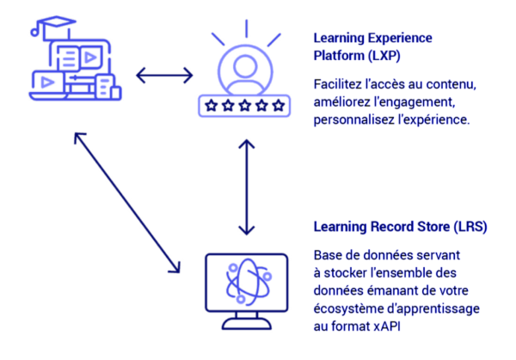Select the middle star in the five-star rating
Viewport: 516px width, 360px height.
pos(242,107)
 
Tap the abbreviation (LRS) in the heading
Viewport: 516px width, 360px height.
pos(470,228)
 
